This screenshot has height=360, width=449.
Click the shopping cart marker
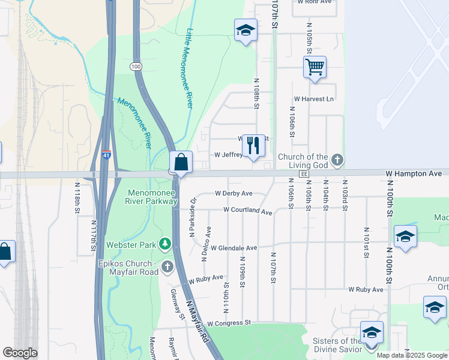coord(315,67)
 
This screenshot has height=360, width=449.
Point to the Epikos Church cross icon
coord(167,265)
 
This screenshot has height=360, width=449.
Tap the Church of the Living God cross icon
coord(338,160)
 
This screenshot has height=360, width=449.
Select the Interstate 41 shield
coord(106,155)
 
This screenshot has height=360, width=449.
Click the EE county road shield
coord(304,173)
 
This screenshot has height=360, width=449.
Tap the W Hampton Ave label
coord(414,173)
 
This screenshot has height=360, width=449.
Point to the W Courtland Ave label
coord(248,211)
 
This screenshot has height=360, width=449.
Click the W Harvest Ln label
coord(313,99)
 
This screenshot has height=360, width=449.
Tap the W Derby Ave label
coord(234,194)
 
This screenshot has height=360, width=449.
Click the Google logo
coord(20,353)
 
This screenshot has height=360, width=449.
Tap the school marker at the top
coord(245,31)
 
